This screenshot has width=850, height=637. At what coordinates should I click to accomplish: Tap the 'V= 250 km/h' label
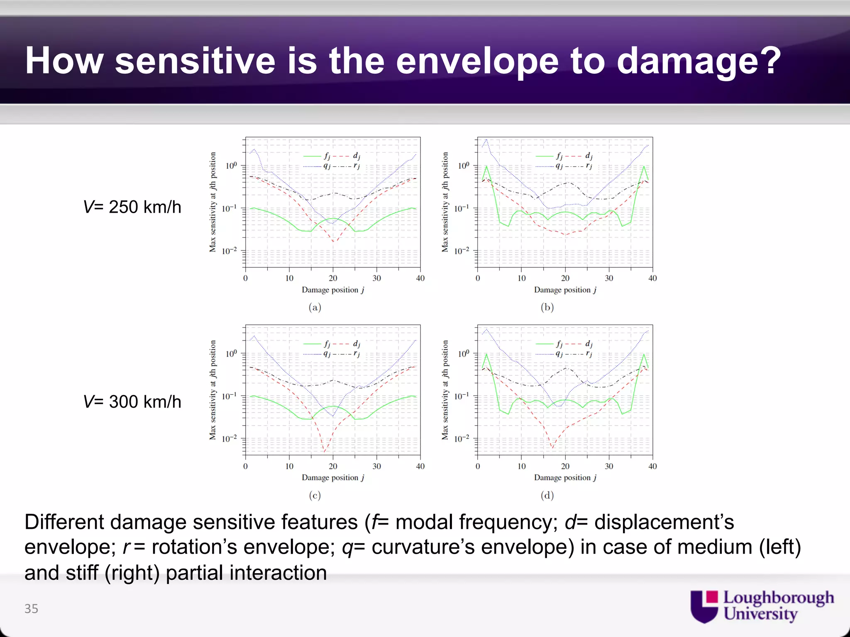click(132, 207)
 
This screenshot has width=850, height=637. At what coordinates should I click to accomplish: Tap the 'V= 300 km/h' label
click(132, 401)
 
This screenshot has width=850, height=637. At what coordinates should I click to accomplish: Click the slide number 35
click(31, 608)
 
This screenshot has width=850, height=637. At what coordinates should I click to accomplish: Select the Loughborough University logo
click(762, 606)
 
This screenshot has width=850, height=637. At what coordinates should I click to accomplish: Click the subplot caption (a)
click(315, 307)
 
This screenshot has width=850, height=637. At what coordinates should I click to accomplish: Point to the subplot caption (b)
click(547, 307)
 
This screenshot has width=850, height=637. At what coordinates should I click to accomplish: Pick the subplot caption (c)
click(315, 495)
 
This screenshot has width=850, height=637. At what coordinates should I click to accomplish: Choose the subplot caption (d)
click(547, 495)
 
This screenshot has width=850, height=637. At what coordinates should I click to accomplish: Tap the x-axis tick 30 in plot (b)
click(609, 278)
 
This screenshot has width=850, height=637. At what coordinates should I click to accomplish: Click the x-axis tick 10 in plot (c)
click(289, 466)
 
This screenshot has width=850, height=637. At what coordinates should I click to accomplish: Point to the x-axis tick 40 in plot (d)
click(652, 466)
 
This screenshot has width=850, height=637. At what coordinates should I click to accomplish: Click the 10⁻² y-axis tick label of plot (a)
click(230, 251)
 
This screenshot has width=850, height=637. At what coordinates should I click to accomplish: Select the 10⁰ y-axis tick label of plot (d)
click(464, 354)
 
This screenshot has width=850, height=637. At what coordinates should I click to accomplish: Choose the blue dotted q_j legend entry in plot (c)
click(318, 354)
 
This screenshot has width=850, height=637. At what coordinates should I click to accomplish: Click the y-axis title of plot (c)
click(213, 390)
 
